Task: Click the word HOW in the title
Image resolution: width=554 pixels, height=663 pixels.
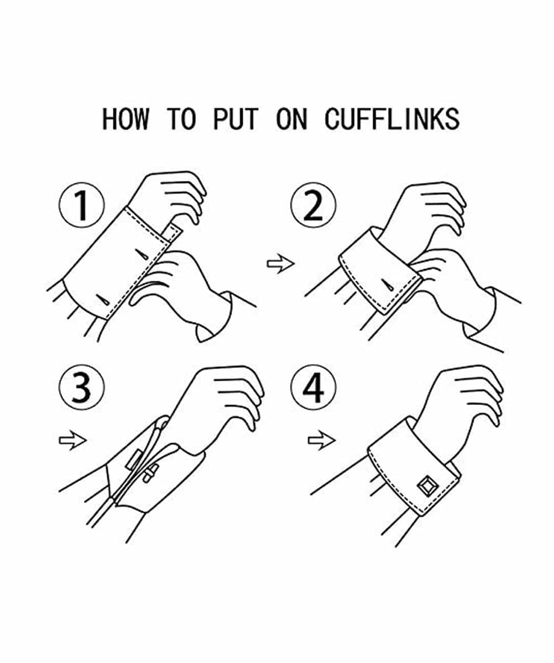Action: [x=125, y=119]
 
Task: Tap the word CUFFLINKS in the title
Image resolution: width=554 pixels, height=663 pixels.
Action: [x=392, y=119]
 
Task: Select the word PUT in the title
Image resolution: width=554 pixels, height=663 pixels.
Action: [x=236, y=119]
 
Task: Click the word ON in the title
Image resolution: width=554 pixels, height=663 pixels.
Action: [x=291, y=119]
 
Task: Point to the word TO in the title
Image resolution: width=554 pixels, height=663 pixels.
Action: [x=181, y=119]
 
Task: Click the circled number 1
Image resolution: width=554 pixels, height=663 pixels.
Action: [x=82, y=205]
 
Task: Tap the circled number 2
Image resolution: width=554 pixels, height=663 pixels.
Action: [x=313, y=205]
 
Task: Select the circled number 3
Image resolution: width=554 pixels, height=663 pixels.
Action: [x=82, y=387]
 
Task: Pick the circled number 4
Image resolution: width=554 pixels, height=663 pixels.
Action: [x=313, y=387]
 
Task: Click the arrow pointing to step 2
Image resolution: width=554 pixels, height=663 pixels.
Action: [x=281, y=263]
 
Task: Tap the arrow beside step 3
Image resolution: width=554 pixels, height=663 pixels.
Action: [x=73, y=440]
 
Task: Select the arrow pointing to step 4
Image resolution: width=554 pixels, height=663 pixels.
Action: [x=322, y=440]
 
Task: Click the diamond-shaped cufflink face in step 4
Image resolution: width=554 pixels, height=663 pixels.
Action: [x=428, y=486]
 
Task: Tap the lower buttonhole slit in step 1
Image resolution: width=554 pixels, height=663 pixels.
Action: [x=103, y=300]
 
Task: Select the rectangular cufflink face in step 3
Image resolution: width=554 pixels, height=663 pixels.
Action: [x=133, y=460]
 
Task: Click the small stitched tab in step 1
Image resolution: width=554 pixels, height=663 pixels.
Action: [x=173, y=233]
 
